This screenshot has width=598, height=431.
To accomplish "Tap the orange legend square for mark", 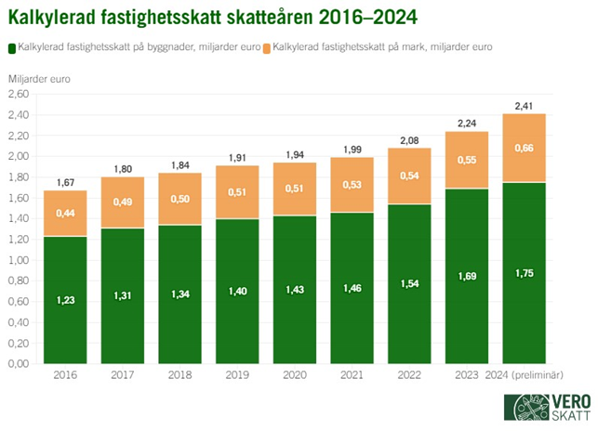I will pyautogui.click(x=269, y=46).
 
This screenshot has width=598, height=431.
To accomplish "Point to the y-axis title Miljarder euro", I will pyautogui.click(x=40, y=78).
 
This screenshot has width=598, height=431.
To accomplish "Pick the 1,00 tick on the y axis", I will pyautogui.click(x=21, y=259).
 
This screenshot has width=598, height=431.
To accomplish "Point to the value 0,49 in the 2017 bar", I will pyautogui.click(x=123, y=202).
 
